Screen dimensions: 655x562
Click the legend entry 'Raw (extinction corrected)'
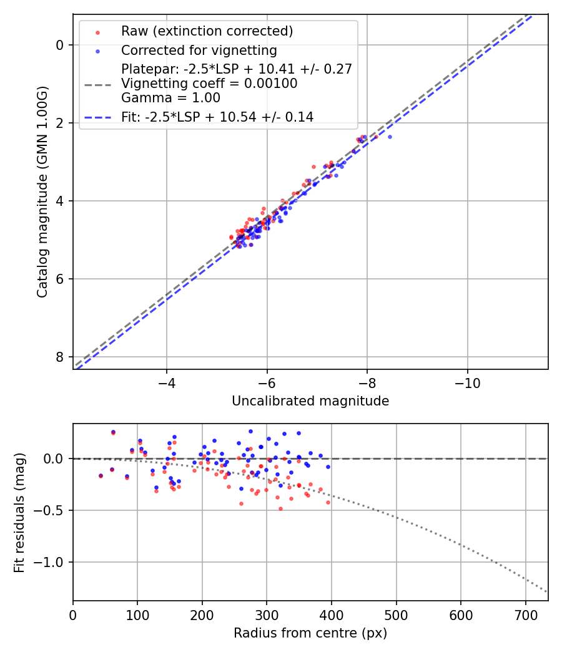click(207, 31)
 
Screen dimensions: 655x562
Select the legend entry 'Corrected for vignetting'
click(199, 50)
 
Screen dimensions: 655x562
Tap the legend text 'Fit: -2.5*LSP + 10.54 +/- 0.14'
click(217, 117)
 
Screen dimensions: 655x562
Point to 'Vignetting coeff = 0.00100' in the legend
click(209, 83)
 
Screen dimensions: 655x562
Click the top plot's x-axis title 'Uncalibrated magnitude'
click(310, 401)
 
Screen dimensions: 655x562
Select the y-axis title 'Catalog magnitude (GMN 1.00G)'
click(42, 192)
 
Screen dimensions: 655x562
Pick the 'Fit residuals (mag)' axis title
click(19, 512)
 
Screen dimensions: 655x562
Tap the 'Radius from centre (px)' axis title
click(310, 633)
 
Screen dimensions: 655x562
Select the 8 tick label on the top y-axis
click(60, 357)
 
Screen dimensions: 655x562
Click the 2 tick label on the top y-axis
click(60, 123)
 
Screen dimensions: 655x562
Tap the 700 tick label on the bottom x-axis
click(525, 615)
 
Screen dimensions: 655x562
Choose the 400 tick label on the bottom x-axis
click(332, 615)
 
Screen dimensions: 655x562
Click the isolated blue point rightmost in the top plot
click(390, 137)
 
